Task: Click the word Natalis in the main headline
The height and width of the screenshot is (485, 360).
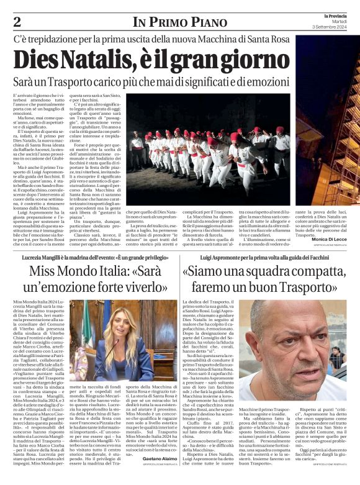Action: tap(89, 60)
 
